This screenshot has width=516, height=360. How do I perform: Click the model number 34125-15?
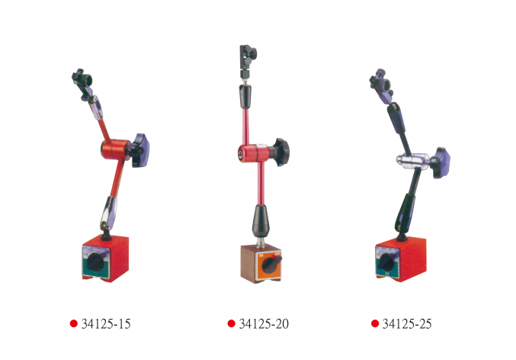point(106,324)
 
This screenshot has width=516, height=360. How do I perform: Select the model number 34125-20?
point(264,324)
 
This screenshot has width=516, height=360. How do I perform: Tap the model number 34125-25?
point(407,324)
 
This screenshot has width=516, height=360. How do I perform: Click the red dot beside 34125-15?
point(74,323)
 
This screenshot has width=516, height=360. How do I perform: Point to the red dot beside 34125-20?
point(232,323)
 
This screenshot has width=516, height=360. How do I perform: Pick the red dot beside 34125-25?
point(375,323)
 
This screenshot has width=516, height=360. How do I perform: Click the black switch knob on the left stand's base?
point(95,262)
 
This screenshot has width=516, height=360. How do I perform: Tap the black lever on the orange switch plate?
point(271,263)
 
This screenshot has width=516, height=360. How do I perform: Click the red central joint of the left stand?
point(115,149)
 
